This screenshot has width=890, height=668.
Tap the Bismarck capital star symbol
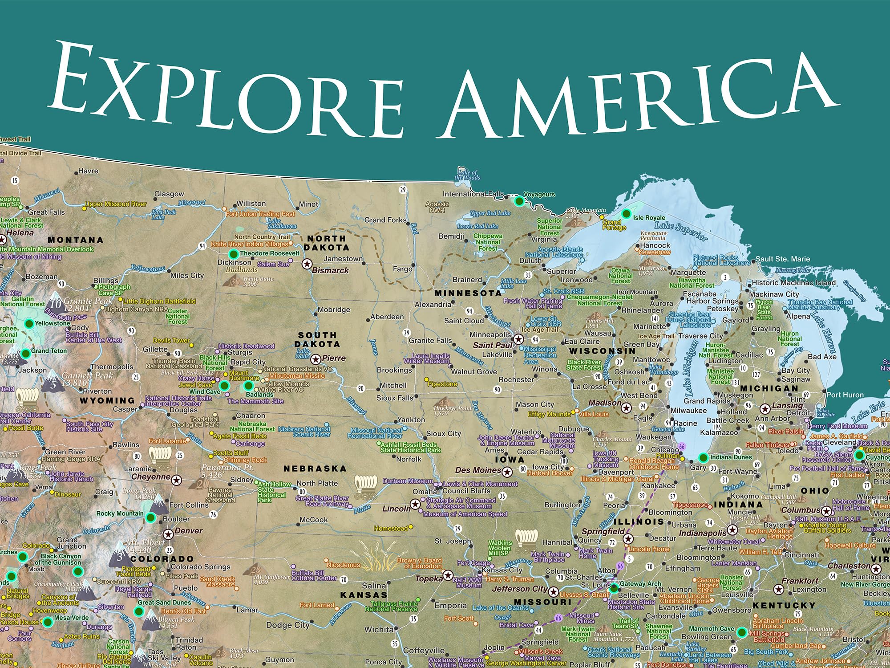[307, 264]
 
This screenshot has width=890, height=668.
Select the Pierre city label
[334, 358]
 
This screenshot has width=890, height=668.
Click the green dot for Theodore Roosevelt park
[233, 254]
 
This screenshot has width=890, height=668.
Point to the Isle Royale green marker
[626, 214]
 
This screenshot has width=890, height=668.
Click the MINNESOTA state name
[468, 293]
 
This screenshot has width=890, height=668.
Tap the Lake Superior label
[680, 231]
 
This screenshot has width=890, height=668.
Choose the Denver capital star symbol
[168, 534]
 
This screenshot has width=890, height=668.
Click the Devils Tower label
[171, 341]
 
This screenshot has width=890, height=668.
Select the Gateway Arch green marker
[614, 588]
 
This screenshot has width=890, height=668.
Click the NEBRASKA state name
[315, 468]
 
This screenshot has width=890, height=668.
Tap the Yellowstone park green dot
[29, 324]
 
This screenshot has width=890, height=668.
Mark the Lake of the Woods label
[467, 175]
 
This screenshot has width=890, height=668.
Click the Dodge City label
[287, 625]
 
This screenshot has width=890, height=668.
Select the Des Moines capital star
[507, 471]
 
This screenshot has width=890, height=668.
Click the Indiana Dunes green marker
[703, 457]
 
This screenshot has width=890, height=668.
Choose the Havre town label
[88, 171]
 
